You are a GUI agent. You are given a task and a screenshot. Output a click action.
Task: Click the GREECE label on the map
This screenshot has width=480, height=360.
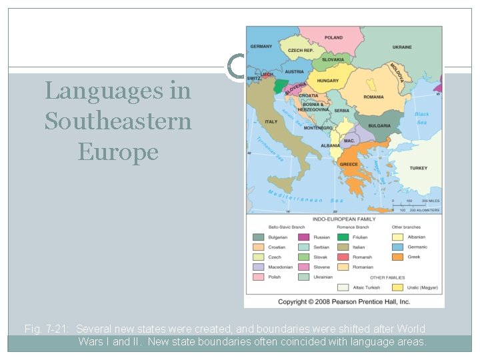pyautogui.click(x=349, y=164)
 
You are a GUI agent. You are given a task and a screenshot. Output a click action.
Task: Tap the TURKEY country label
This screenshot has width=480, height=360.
pyautogui.click(x=419, y=168)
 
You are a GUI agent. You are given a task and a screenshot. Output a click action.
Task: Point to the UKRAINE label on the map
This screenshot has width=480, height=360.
pyautogui.click(x=402, y=47)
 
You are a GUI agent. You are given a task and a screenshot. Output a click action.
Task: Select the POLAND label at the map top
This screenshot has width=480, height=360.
pyautogui.click(x=334, y=38)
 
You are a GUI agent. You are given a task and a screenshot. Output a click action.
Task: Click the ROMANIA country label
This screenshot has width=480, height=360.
pyautogui.click(x=373, y=97)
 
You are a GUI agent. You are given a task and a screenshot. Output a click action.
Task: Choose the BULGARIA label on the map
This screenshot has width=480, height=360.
pyautogui.click(x=379, y=125)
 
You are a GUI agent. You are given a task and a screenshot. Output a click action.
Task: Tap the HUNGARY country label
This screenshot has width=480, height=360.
pyautogui.click(x=327, y=81)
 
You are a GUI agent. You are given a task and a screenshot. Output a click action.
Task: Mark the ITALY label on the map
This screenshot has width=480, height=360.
pyautogui.click(x=271, y=122)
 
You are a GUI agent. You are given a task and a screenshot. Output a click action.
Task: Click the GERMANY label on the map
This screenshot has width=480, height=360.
pyautogui.click(x=261, y=47)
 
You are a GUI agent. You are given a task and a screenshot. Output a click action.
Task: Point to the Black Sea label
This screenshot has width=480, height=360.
pyautogui.click(x=422, y=118)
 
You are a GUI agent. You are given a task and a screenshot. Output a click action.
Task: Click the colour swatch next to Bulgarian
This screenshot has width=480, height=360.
pyautogui.click(x=258, y=237)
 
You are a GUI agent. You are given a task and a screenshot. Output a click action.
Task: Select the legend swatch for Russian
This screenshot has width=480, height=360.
pyautogui.click(x=303, y=237)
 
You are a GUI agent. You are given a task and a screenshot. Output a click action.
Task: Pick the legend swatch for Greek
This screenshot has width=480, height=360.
pyautogui.click(x=397, y=257)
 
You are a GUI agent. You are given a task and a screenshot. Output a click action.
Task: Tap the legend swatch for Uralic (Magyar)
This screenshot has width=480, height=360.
pyautogui.click(x=397, y=287)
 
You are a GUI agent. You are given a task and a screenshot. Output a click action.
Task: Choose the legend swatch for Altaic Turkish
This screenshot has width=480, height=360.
pyautogui.click(x=343, y=287)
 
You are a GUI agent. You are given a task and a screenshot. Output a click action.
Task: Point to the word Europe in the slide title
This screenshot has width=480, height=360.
pyautogui.click(x=118, y=151)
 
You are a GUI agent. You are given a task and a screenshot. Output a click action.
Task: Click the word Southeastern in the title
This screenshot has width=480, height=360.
pyautogui.click(x=118, y=121)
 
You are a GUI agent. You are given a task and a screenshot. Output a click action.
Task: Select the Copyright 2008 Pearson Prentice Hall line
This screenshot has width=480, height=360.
pyautogui.click(x=344, y=301)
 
